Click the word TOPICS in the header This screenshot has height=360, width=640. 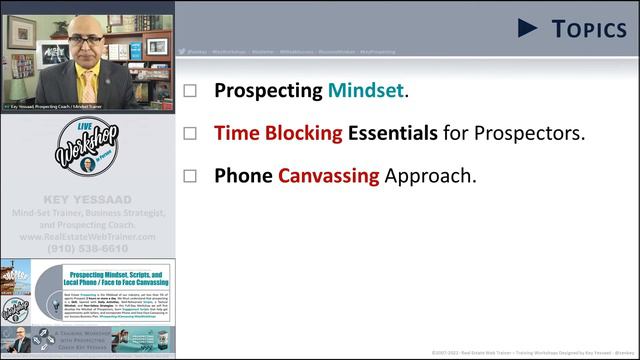589,29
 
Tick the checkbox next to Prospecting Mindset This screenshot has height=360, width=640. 191,91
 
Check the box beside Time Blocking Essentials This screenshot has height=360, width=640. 191,133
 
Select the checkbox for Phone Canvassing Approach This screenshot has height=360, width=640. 191,176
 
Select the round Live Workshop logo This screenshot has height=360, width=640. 88,150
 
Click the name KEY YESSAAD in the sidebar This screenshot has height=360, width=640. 87,201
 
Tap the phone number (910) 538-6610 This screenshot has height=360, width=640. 87,248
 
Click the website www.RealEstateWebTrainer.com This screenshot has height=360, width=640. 87,237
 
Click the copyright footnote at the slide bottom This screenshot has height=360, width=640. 530,352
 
